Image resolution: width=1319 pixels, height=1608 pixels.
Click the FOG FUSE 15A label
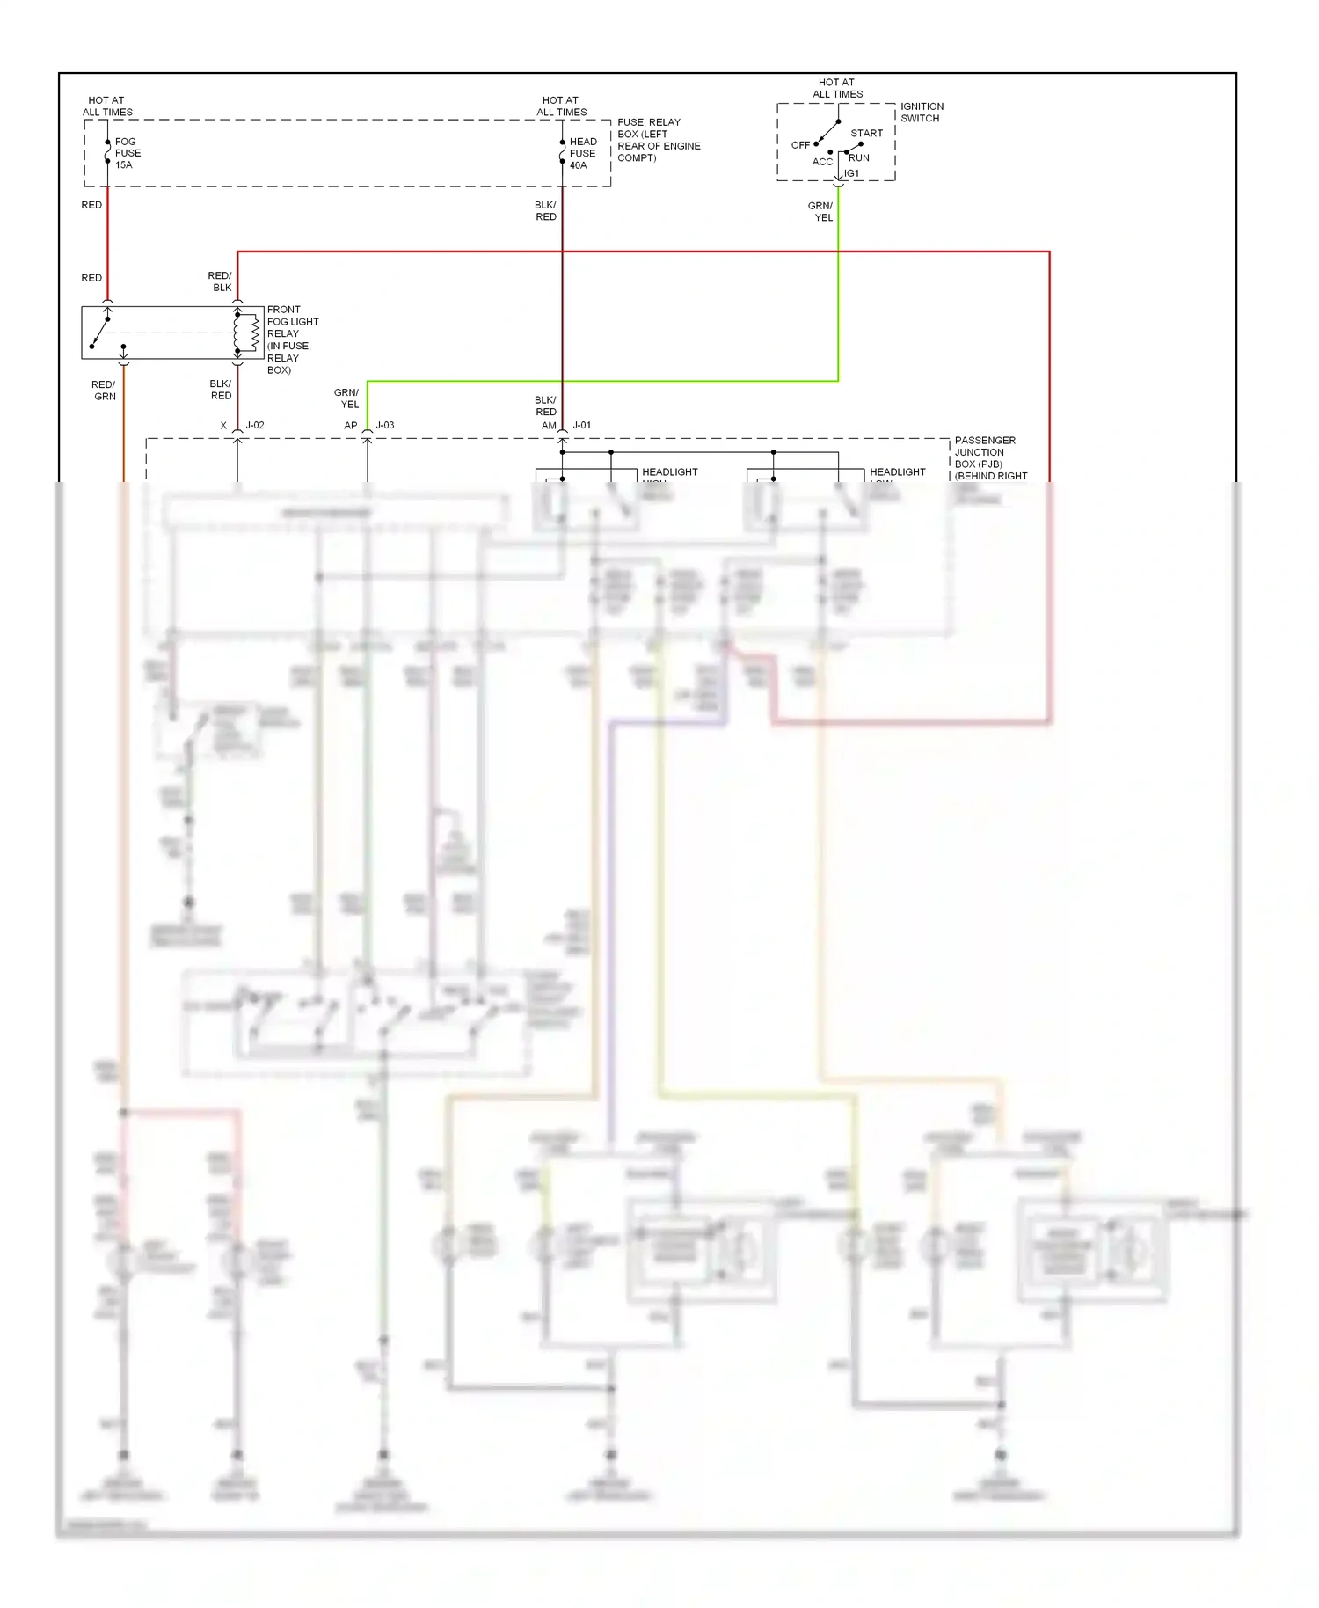click(x=127, y=153)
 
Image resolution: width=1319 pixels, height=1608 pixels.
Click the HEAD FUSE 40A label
click(x=582, y=153)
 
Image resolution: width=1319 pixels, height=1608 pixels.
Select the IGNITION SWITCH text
click(x=921, y=113)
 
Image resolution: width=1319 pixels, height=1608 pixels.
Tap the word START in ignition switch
click(x=866, y=134)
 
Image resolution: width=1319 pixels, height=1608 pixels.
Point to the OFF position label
click(x=800, y=145)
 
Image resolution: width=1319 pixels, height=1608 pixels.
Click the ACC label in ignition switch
click(x=822, y=162)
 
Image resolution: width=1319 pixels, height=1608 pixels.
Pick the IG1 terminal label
click(x=852, y=173)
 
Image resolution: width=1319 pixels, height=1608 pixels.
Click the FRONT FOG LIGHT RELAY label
click(x=292, y=340)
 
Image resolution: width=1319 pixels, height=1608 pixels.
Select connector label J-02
click(x=255, y=425)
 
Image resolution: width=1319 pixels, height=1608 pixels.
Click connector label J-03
click(x=385, y=425)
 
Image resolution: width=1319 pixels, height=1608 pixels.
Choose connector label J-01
click(x=582, y=425)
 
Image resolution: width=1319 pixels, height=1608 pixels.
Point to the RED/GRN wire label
click(x=104, y=391)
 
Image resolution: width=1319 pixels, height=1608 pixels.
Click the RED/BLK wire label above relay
click(x=220, y=281)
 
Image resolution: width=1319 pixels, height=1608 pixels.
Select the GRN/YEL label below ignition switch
click(x=821, y=212)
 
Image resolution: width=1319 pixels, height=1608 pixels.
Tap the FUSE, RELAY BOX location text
click(x=658, y=140)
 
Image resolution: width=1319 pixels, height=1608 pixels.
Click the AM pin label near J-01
click(x=549, y=426)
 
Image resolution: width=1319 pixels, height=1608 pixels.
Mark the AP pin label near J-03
click(x=351, y=426)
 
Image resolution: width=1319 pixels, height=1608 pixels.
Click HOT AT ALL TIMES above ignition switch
click(x=837, y=88)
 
